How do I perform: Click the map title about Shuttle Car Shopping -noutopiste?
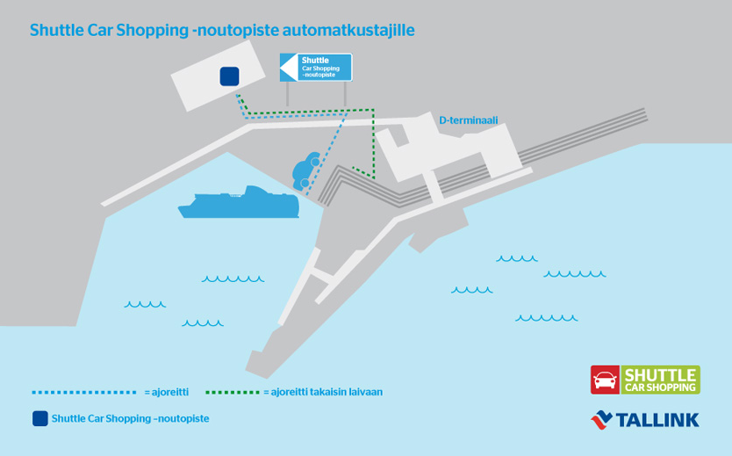[222, 30]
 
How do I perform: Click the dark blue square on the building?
[229, 76]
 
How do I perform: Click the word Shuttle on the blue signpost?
[314, 60]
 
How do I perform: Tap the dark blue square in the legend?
[39, 418]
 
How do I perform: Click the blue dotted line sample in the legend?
[84, 392]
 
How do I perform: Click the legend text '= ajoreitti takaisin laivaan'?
[323, 392]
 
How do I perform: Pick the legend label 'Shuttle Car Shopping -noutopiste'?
[131, 418]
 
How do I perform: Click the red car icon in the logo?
[605, 380]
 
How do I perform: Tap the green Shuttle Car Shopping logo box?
[660, 380]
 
